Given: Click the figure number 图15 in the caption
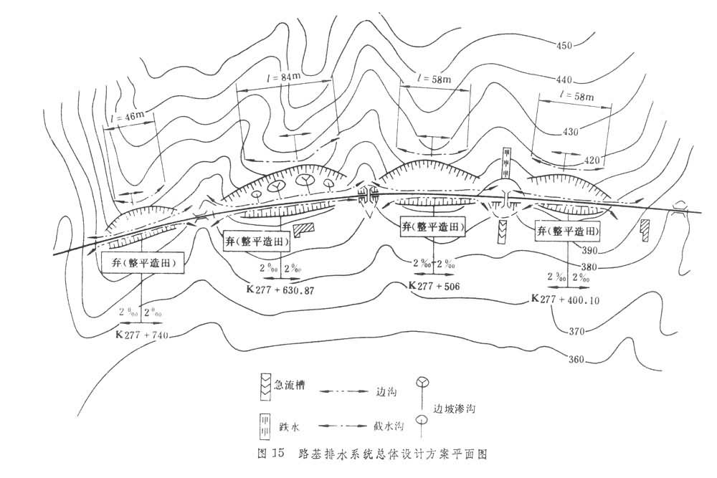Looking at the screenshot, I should pos(270,454).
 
